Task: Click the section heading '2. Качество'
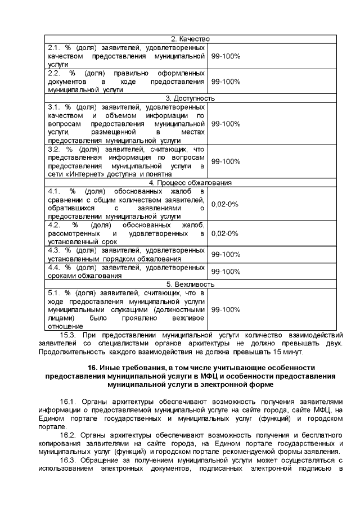point(191,38)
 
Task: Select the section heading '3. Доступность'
point(191,98)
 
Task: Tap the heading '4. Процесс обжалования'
point(191,183)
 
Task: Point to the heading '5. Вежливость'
point(191,285)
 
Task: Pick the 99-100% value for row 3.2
point(225,161)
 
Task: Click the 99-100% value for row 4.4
point(225,272)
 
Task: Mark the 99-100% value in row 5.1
point(225,310)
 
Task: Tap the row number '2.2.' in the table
point(55,73)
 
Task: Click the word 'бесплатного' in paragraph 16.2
point(318,435)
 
